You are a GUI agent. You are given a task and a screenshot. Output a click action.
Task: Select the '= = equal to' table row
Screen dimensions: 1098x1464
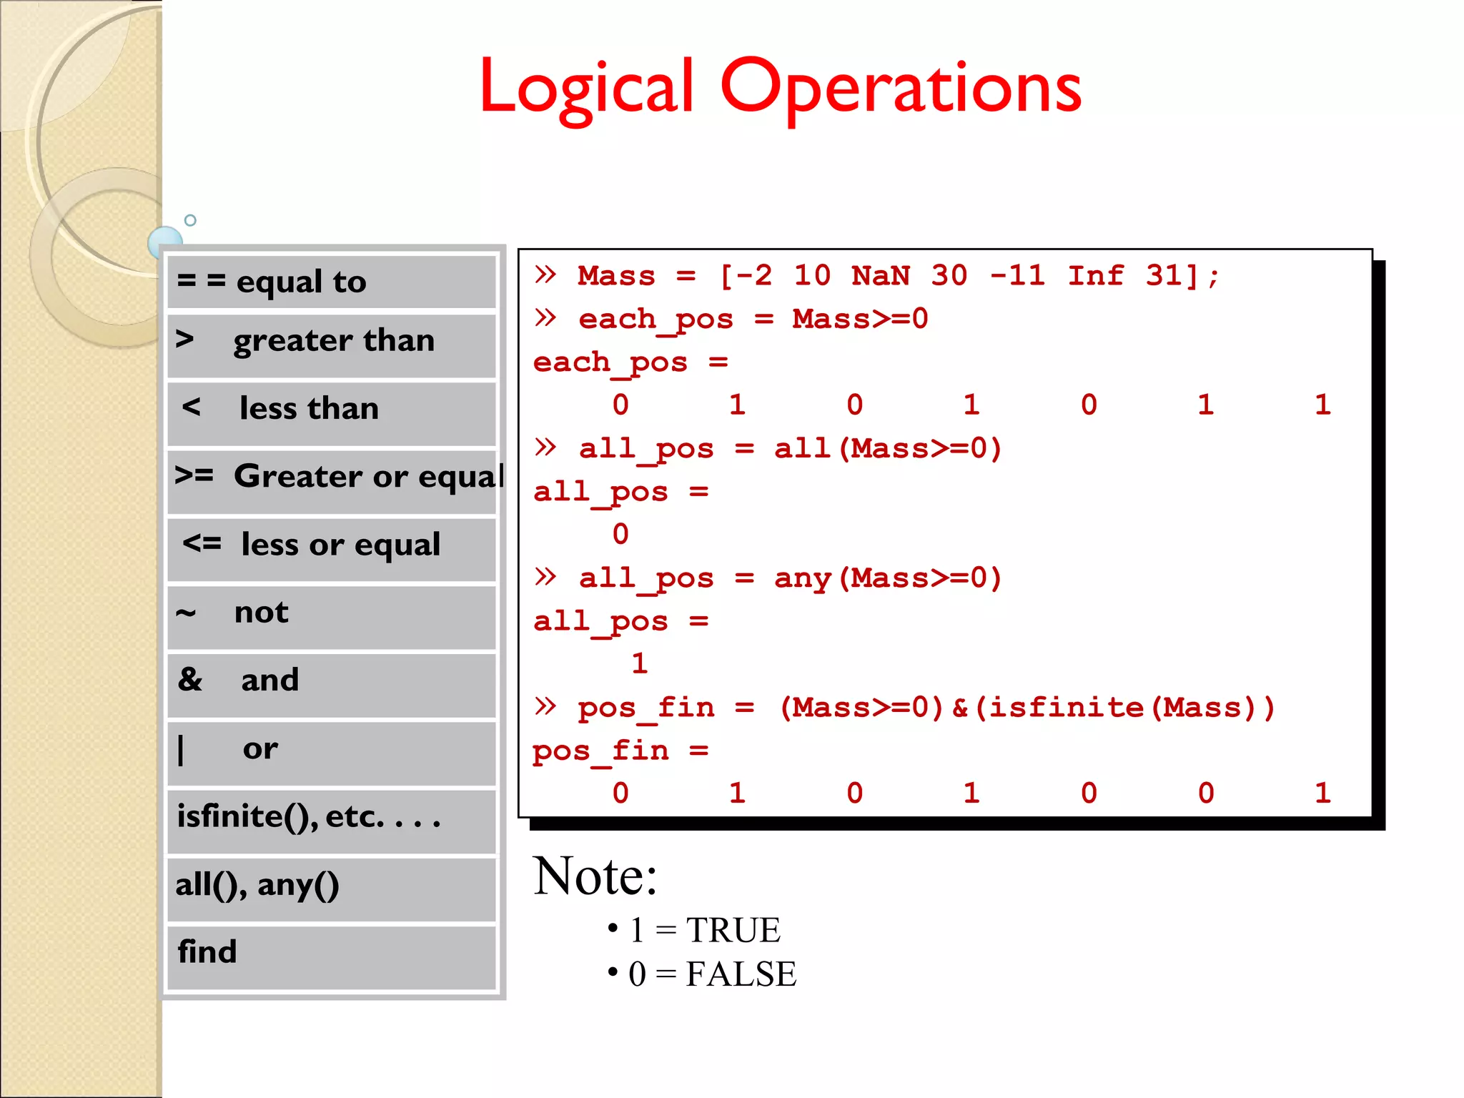point(332,282)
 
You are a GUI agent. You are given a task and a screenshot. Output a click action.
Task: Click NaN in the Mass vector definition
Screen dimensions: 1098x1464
point(881,276)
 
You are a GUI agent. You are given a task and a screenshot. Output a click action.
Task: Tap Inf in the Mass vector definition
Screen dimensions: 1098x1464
point(1095,276)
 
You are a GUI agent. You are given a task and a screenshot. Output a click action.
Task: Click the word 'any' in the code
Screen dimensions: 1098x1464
point(802,578)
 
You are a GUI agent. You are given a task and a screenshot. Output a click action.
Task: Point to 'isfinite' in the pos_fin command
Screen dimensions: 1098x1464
point(1065,708)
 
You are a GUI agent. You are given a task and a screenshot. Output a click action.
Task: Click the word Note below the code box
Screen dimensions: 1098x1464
point(595,876)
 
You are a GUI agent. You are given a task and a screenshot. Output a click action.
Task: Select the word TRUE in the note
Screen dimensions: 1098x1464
point(733,931)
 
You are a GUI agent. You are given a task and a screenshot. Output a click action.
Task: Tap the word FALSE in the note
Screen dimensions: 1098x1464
point(741,974)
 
